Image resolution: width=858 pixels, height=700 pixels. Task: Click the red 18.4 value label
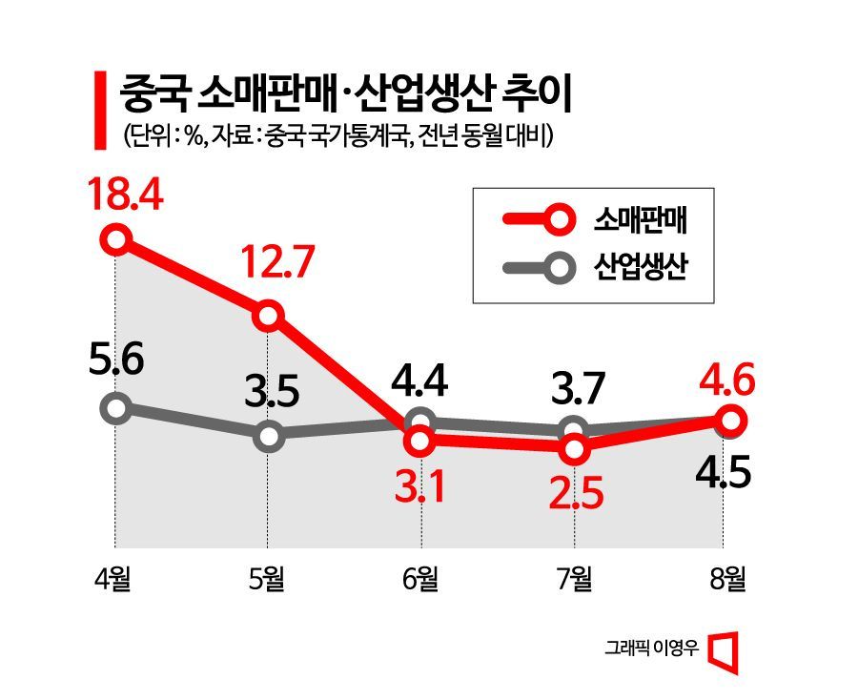(126, 193)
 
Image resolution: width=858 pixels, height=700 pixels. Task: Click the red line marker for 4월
(116, 238)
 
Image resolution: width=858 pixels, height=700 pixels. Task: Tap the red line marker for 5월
(269, 315)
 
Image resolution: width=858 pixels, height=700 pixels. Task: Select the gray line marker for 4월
(116, 409)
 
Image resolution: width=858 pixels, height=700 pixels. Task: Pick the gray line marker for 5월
(269, 437)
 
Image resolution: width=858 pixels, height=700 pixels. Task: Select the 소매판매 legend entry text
(642, 220)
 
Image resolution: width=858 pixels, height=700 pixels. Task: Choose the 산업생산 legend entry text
(642, 267)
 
